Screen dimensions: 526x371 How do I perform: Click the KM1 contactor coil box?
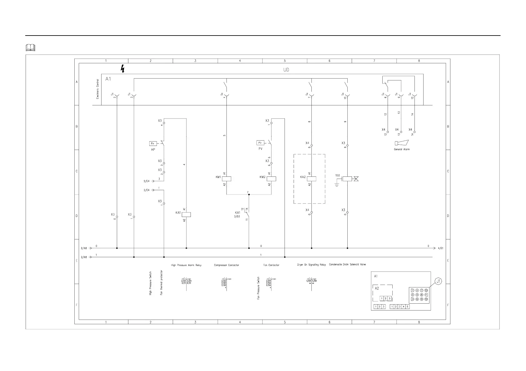(226, 179)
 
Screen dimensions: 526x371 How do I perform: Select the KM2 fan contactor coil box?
(271, 179)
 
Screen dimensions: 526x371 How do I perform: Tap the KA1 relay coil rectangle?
(186, 214)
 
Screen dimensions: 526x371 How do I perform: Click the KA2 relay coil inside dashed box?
(312, 179)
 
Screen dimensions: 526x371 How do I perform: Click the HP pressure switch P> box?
(153, 144)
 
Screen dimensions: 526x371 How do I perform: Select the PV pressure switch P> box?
(260, 143)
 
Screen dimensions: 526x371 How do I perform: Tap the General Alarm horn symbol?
(401, 143)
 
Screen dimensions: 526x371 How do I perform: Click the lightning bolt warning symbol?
(123, 69)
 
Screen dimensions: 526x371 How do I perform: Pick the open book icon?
(31, 48)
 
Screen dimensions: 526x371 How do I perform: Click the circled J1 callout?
(439, 282)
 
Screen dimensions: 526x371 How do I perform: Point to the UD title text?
(286, 70)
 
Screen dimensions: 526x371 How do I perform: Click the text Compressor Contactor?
(226, 265)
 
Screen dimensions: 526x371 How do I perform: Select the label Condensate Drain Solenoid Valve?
(347, 265)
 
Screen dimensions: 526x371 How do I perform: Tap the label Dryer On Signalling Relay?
(311, 265)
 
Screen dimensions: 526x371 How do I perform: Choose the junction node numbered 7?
(249, 194)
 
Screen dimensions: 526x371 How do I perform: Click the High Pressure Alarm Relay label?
(186, 265)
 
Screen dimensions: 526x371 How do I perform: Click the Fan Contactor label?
(271, 265)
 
